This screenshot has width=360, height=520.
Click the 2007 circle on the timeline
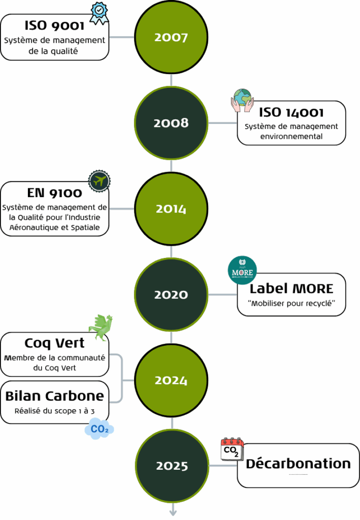(x=172, y=38)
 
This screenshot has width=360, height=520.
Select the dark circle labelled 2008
(x=172, y=123)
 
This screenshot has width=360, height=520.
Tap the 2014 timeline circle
(x=172, y=209)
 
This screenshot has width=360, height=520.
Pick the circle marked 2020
(x=172, y=295)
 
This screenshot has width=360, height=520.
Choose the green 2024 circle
(x=172, y=380)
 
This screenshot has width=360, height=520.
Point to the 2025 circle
(x=172, y=466)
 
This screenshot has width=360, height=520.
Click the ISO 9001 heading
(x=55, y=25)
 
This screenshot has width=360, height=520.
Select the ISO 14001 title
(x=291, y=112)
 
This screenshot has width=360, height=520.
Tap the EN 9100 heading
(x=54, y=193)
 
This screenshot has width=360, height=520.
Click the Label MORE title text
(x=291, y=289)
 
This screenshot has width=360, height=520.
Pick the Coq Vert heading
(x=54, y=343)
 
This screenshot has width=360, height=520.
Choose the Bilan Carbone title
(x=54, y=396)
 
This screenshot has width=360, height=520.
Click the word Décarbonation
(x=298, y=464)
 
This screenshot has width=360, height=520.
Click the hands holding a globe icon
(x=242, y=100)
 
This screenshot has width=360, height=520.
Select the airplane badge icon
(x=100, y=181)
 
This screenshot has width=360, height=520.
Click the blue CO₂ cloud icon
(x=99, y=429)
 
